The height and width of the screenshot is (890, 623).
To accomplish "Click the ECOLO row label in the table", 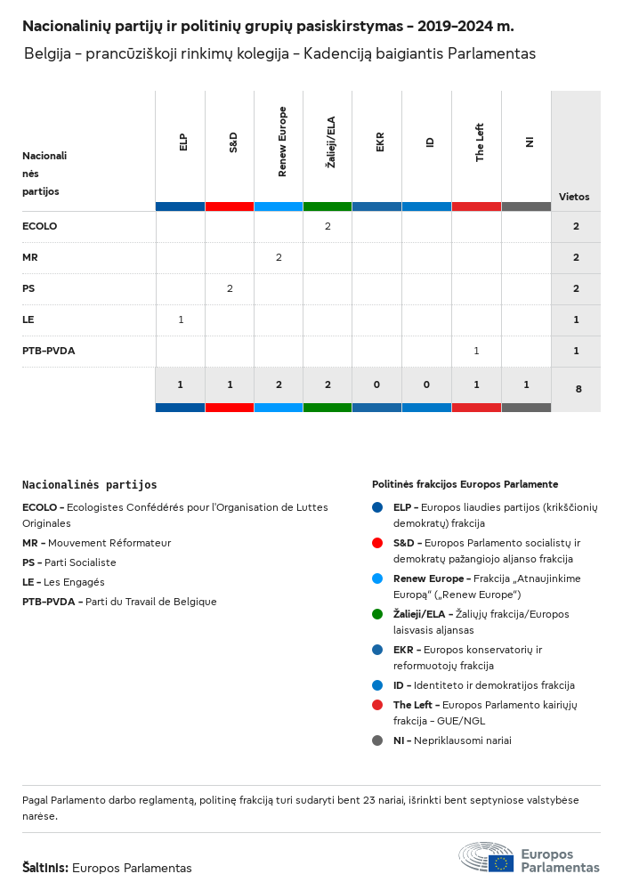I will click(x=39, y=226).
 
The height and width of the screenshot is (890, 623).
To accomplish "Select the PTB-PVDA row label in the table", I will click(x=48, y=351).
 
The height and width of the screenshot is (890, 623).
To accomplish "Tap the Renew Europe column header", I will click(x=282, y=142).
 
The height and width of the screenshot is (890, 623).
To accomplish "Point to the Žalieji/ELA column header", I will click(x=328, y=142).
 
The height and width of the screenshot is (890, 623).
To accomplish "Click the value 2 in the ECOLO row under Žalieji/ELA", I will click(x=328, y=226).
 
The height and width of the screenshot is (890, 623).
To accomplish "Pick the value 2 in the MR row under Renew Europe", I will click(x=279, y=257).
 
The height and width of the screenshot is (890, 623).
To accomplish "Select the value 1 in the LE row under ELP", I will click(x=181, y=320).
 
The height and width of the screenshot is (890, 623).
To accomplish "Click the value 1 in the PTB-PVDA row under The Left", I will click(x=476, y=351).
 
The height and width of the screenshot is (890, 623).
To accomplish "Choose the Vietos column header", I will click(x=574, y=197).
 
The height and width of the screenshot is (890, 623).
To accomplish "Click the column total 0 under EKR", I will click(x=377, y=384).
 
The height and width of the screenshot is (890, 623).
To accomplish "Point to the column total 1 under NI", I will click(x=526, y=384).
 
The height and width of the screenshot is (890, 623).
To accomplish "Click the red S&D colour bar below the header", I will click(x=230, y=206).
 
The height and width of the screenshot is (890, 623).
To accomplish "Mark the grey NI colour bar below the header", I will click(x=526, y=206).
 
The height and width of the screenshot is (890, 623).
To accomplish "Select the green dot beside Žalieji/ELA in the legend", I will click(x=378, y=614).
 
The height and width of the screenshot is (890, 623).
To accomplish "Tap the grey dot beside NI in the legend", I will click(x=378, y=740).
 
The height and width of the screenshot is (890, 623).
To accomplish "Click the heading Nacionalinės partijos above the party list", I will click(x=89, y=485).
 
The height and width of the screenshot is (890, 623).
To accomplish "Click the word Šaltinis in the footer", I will click(x=44, y=868).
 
